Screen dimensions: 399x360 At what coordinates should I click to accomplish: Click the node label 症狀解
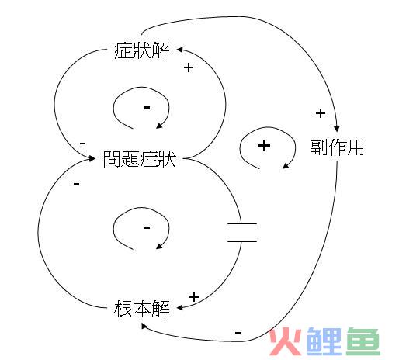point(142,50)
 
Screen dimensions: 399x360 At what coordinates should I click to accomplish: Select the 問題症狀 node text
point(140,159)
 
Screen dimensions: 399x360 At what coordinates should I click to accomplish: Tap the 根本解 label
point(142,308)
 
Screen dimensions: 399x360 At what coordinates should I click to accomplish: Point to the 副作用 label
point(337,147)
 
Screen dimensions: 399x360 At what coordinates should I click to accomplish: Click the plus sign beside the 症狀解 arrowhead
point(189,67)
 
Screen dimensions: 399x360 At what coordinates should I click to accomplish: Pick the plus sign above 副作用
point(321,113)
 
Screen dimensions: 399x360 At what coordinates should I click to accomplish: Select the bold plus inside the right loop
point(264,146)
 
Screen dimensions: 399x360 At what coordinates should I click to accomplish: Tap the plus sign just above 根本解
point(194,297)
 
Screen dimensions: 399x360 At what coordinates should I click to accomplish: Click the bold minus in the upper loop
point(147,107)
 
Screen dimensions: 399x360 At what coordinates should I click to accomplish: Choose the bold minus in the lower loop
point(147,227)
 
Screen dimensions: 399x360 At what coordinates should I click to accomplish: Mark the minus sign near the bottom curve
point(238,333)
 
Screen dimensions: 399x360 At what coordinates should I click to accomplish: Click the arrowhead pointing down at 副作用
point(336,128)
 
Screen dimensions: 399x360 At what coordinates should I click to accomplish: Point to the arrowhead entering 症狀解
point(180,50)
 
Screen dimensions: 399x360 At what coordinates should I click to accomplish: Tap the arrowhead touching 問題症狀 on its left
point(92,158)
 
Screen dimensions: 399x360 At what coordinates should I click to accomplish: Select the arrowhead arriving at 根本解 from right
point(180,307)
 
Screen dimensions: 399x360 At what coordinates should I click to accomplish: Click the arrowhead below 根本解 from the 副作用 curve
point(144,326)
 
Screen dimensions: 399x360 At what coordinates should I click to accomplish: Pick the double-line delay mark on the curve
point(242,233)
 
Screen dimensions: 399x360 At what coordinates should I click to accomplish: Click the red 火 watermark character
point(286,341)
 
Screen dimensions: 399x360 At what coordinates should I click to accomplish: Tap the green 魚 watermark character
point(363,341)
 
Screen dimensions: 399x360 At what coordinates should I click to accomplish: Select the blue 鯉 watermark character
point(324,341)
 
